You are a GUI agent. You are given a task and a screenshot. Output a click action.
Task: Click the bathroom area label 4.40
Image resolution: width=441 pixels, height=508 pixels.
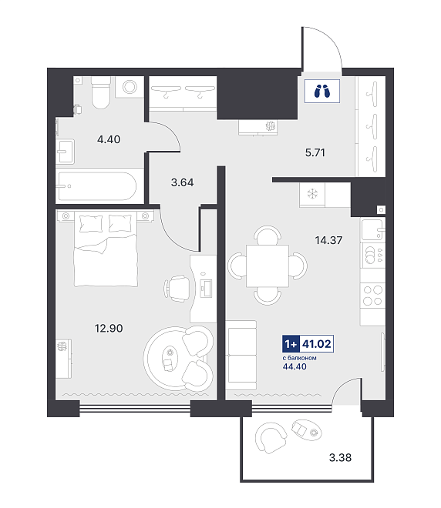(109, 139)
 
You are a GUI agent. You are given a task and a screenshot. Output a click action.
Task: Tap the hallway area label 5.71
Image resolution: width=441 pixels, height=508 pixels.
(315, 152)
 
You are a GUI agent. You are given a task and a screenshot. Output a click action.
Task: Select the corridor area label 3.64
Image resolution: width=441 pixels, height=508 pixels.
(183, 182)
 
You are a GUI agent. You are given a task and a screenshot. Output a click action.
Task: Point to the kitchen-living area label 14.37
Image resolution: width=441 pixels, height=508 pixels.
(328, 240)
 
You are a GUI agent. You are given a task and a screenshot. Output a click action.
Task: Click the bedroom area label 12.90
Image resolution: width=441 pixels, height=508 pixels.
(109, 328)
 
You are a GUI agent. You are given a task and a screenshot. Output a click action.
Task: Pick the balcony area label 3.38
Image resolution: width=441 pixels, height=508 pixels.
(340, 457)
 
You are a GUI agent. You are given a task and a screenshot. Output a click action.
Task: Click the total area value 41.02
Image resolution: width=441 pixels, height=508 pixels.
(316, 343)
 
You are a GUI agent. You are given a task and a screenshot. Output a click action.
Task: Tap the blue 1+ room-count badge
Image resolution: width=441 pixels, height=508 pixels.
(291, 343)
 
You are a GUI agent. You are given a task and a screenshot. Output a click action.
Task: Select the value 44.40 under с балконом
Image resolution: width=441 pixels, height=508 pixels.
(295, 366)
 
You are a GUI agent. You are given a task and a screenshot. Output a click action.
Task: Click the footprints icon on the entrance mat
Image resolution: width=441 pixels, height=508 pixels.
(322, 91)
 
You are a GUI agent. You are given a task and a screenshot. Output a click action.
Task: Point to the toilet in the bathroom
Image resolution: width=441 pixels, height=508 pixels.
(100, 92)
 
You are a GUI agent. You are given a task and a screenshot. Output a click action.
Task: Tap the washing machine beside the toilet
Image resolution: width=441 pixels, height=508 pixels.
(130, 87)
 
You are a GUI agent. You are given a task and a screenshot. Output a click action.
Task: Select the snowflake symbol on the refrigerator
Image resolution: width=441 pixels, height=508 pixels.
(312, 194)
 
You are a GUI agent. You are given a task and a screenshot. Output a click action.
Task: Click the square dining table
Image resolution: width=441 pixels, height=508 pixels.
(268, 266)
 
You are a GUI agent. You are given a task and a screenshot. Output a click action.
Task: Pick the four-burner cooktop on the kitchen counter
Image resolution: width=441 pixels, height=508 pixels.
(372, 295)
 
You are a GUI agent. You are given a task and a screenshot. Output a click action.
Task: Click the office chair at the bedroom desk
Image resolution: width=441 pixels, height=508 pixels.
(177, 288)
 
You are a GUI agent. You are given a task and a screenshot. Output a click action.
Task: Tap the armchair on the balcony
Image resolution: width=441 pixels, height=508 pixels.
(271, 438)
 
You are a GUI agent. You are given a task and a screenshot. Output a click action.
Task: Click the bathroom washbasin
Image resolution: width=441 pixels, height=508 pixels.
(66, 152)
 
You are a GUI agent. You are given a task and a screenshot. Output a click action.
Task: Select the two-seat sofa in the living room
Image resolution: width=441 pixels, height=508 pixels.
(241, 355)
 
